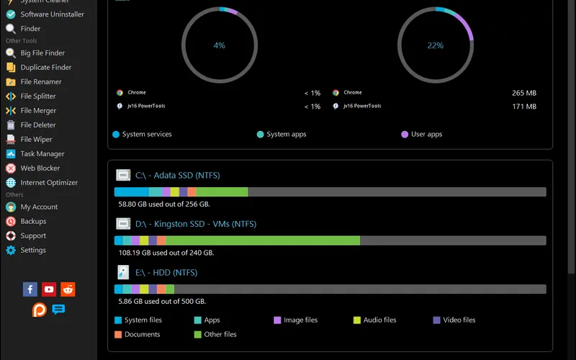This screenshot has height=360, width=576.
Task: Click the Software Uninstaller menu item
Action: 52,14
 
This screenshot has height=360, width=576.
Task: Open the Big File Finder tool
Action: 42,53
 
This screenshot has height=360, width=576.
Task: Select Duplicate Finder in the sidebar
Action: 45,67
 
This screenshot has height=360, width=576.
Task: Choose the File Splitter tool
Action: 37,96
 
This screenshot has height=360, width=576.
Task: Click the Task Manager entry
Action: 42,153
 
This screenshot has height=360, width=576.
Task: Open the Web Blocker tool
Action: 40,168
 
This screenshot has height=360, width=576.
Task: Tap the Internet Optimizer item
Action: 49,182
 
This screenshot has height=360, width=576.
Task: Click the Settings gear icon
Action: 11,250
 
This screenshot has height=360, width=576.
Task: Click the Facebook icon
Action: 30,289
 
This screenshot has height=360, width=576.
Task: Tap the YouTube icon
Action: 49,289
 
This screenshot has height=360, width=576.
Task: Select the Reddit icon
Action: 68,289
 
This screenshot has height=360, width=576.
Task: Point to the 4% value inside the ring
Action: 219,45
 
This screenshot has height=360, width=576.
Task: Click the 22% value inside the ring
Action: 435,45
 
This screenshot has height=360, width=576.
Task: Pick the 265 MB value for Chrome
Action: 523,93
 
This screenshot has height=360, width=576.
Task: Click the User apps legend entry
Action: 426,134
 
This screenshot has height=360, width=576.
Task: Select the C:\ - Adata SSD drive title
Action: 177,175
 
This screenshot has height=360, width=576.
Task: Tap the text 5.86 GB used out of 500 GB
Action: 162,301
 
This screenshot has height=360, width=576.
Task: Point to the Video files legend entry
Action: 459,320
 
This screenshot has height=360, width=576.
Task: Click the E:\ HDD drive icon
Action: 123,272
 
